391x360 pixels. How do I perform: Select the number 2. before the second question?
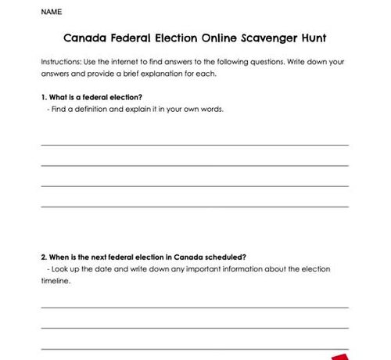pyautogui.click(x=44, y=257)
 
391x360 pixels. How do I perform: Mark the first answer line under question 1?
pyautogui.click(x=195, y=145)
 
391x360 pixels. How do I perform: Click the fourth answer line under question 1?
pyautogui.click(x=195, y=206)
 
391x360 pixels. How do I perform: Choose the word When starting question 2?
pyautogui.click(x=60, y=257)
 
